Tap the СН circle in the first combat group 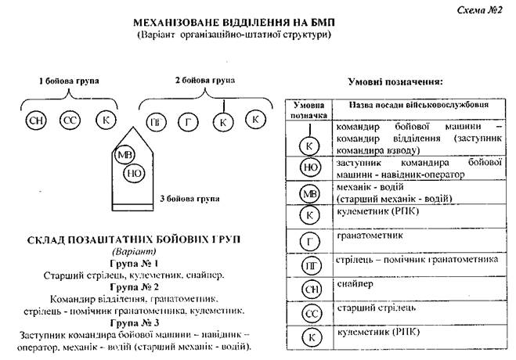coord(36,121)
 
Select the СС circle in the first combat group coord(70,121)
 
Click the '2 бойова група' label coord(204,80)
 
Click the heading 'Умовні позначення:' coord(395,81)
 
